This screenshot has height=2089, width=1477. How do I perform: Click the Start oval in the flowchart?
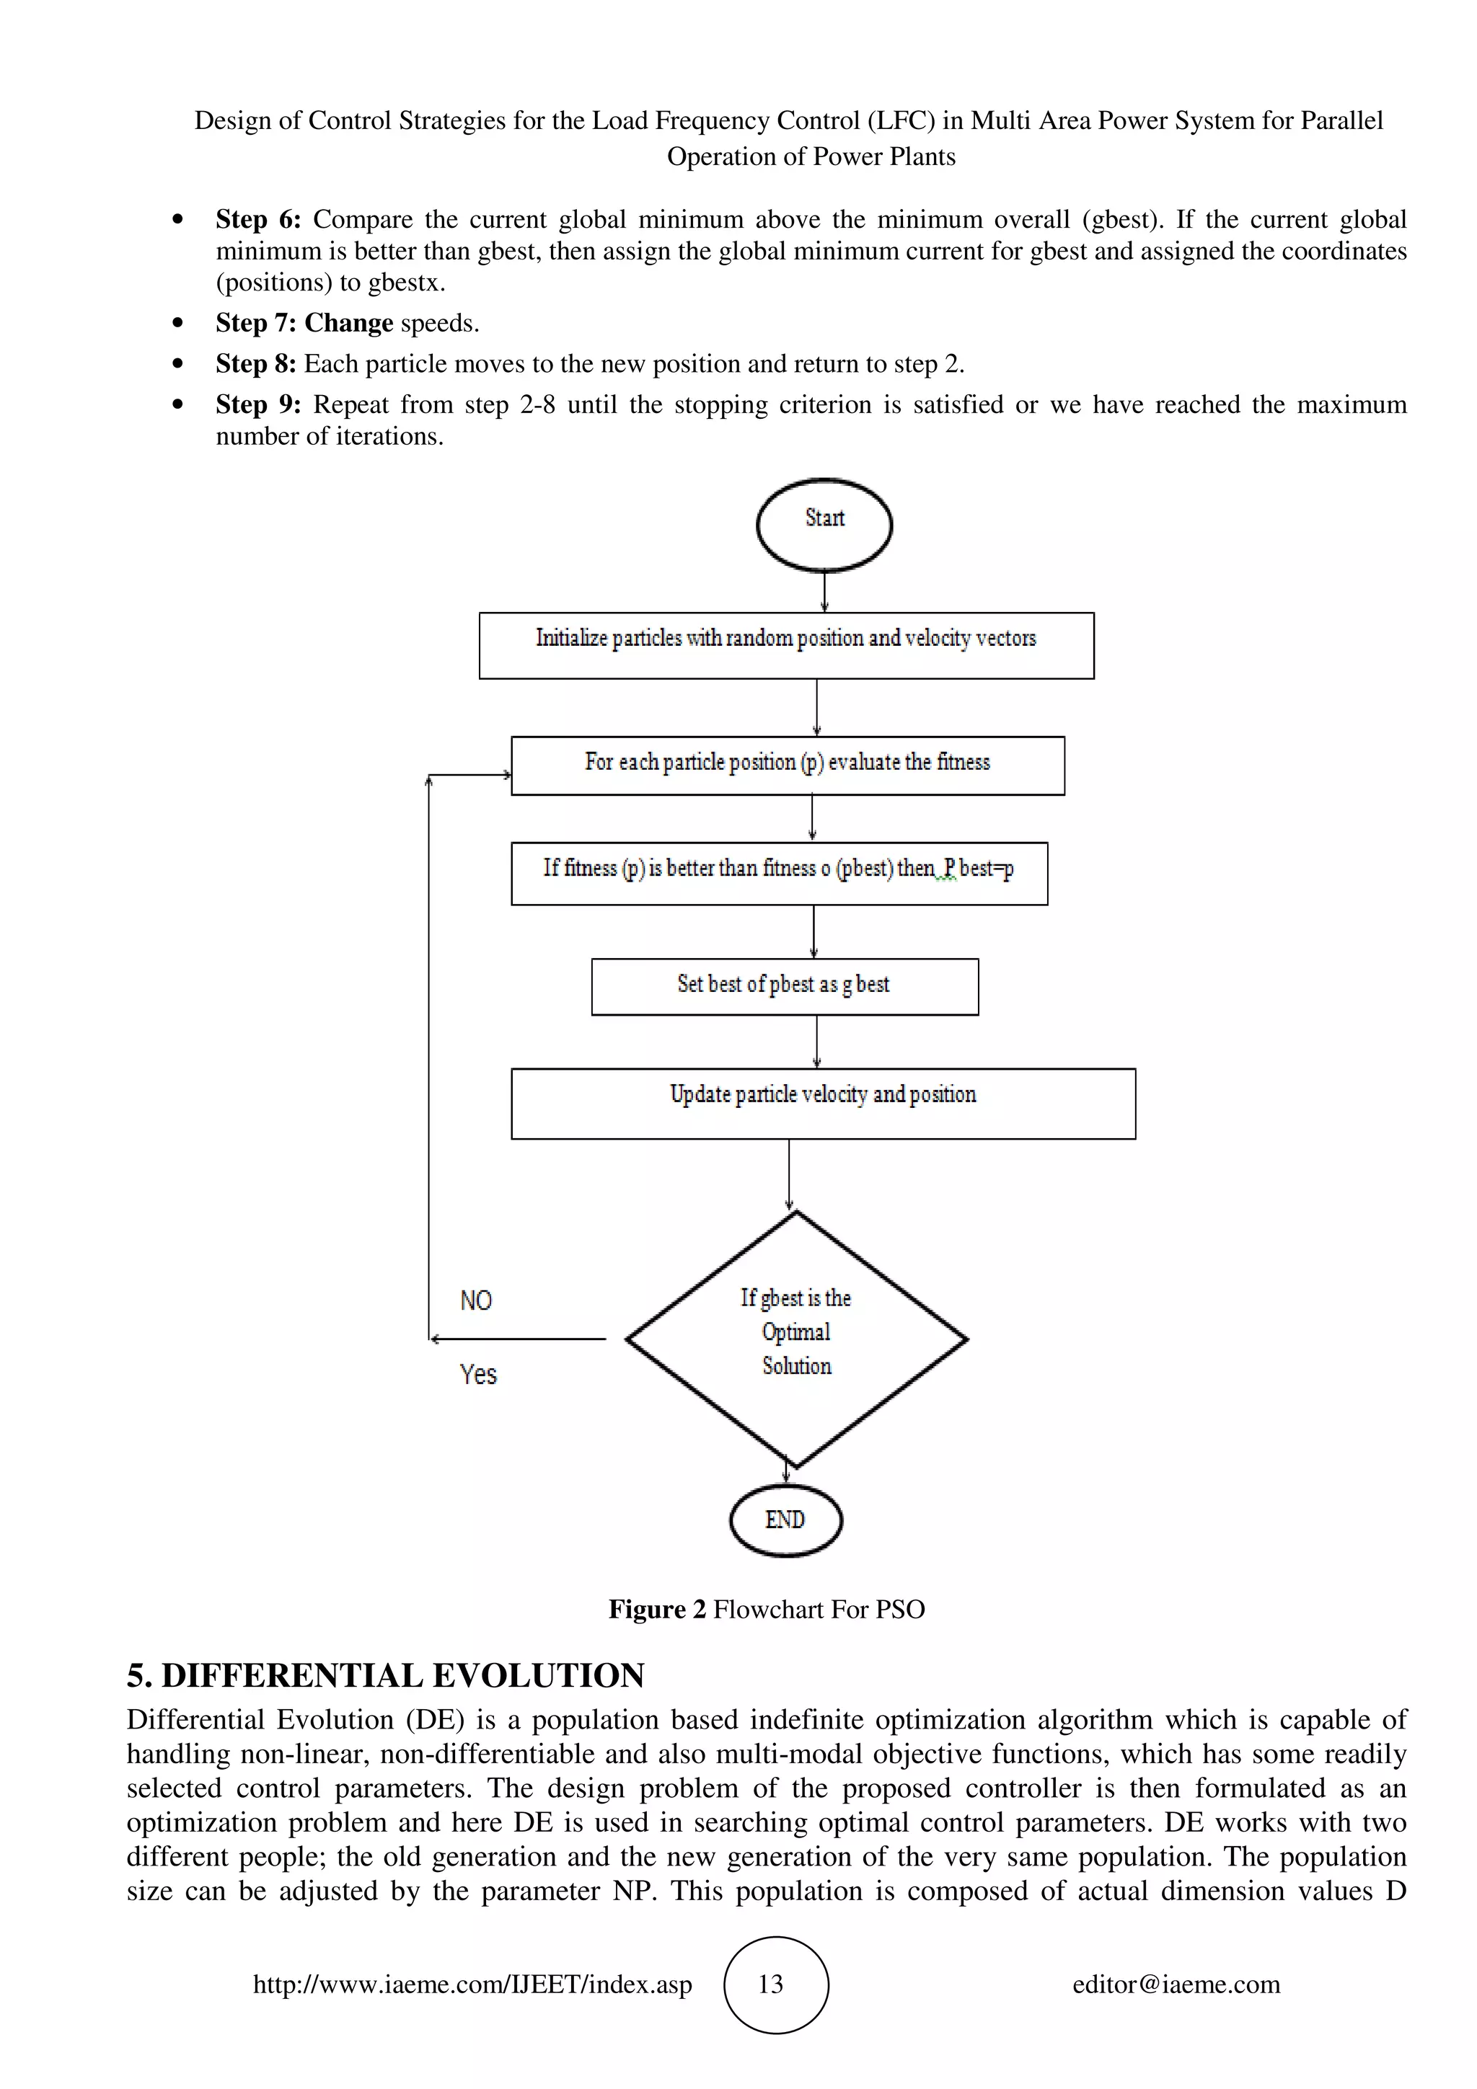click(824, 525)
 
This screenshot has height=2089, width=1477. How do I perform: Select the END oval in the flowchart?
click(785, 1520)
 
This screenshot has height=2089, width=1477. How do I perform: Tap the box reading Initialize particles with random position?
click(785, 644)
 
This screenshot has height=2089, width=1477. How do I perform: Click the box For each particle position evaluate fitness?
click(788, 766)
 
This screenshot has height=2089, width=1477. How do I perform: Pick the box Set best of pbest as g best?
click(785, 986)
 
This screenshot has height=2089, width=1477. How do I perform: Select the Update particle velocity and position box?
click(823, 1103)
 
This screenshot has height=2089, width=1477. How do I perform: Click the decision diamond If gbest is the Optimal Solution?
click(796, 1337)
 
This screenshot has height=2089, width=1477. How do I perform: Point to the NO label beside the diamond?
click(476, 1300)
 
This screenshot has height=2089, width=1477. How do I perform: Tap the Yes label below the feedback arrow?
click(477, 1374)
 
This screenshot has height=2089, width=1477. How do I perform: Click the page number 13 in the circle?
click(771, 1984)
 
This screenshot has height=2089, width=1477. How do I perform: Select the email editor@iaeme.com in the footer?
click(1176, 1984)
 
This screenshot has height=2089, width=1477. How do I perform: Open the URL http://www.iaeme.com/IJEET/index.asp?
click(472, 1984)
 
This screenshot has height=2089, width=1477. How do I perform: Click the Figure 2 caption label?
click(657, 1609)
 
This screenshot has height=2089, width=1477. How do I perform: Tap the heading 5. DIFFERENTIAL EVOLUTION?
click(385, 1675)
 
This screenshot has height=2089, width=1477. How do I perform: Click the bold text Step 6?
click(257, 219)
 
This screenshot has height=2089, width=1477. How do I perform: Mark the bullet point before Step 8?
click(177, 364)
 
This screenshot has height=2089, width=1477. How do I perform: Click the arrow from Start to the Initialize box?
click(824, 591)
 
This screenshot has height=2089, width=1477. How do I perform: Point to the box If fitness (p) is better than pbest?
click(778, 872)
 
